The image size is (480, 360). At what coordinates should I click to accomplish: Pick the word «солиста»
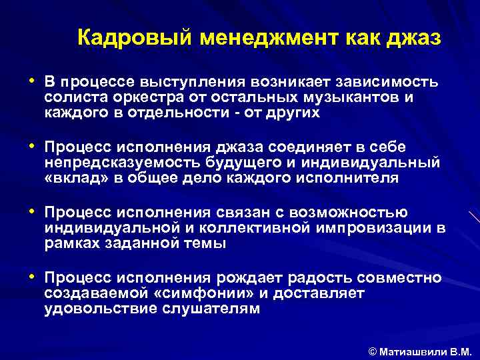pyautogui.click(x=71, y=97)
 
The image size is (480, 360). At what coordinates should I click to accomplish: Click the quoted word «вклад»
pyautogui.click(x=73, y=178)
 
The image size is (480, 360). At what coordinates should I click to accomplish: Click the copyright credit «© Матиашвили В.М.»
pyautogui.click(x=419, y=349)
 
